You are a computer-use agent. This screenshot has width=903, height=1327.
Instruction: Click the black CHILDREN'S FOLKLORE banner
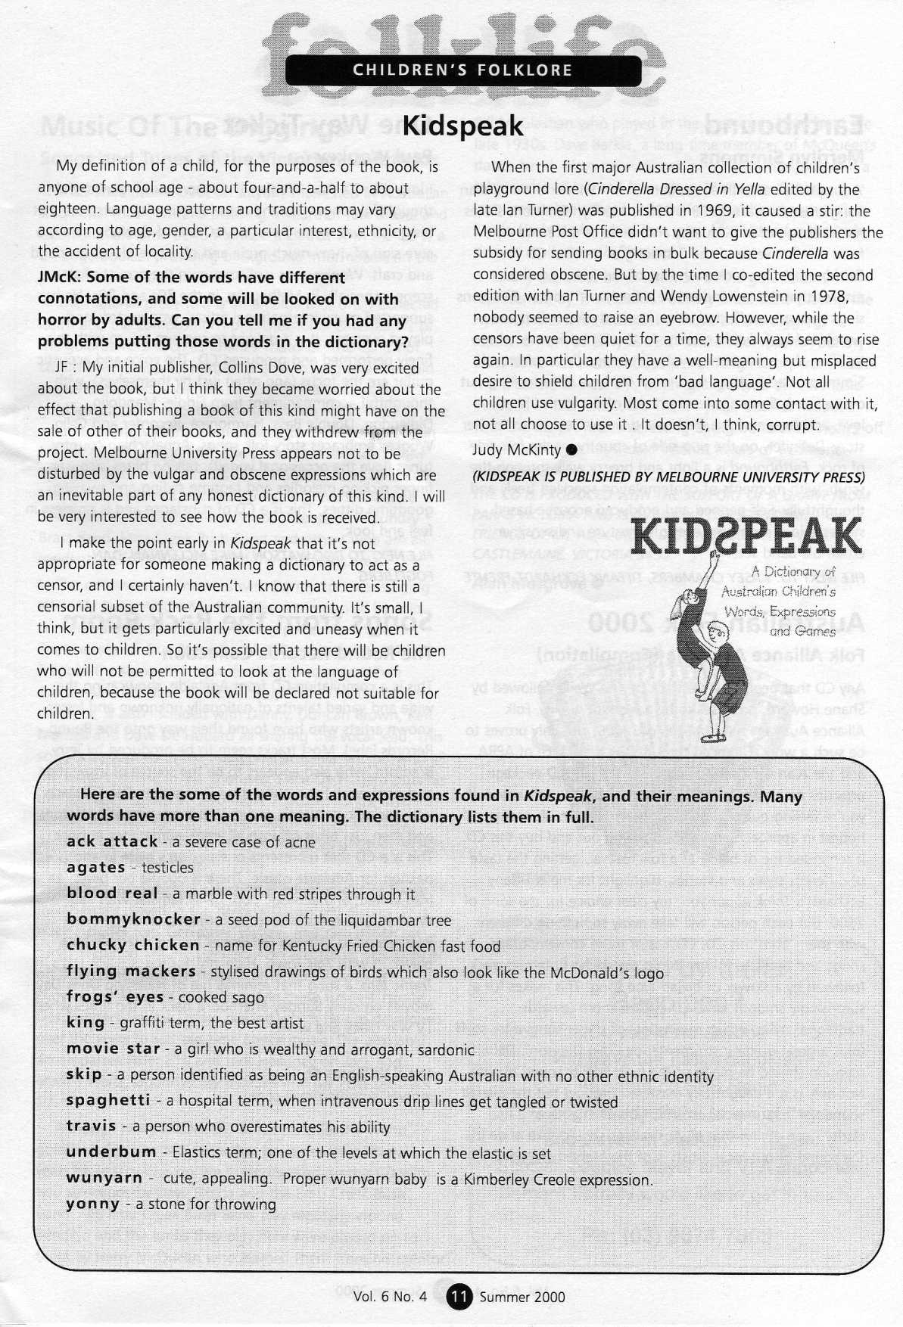(x=462, y=71)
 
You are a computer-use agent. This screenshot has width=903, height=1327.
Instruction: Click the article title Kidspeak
(x=462, y=125)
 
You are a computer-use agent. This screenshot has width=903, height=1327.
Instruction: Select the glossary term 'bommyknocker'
(x=133, y=919)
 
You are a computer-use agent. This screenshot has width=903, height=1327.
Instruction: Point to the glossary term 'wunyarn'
(x=104, y=1178)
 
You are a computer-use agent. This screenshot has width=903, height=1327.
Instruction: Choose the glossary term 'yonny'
(x=93, y=1204)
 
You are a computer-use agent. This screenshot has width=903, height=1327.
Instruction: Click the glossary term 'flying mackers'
(x=131, y=971)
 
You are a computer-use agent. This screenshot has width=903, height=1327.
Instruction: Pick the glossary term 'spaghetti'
(x=108, y=1100)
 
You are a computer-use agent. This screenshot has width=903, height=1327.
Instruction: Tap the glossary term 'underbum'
(x=111, y=1152)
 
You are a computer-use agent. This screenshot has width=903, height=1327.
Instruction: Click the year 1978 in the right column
(x=852, y=275)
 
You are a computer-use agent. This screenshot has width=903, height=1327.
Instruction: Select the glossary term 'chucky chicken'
(x=132, y=945)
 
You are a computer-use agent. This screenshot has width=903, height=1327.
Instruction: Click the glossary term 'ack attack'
(x=112, y=841)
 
